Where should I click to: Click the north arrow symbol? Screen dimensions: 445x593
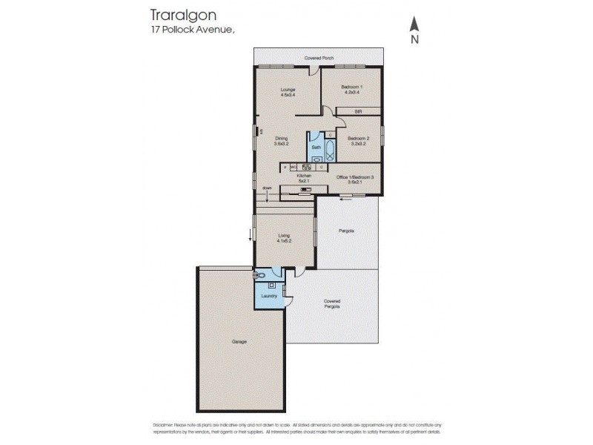415,30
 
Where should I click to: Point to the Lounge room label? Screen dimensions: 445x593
288,89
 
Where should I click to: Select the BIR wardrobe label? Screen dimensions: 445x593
358,111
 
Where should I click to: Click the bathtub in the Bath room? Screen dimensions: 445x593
330,151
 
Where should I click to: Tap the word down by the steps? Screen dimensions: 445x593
267,188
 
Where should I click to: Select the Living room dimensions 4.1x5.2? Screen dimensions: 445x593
284,241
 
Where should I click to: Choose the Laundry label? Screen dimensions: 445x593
269,296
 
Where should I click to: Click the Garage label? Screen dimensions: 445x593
239,341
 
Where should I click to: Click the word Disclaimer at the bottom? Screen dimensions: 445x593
167,423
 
